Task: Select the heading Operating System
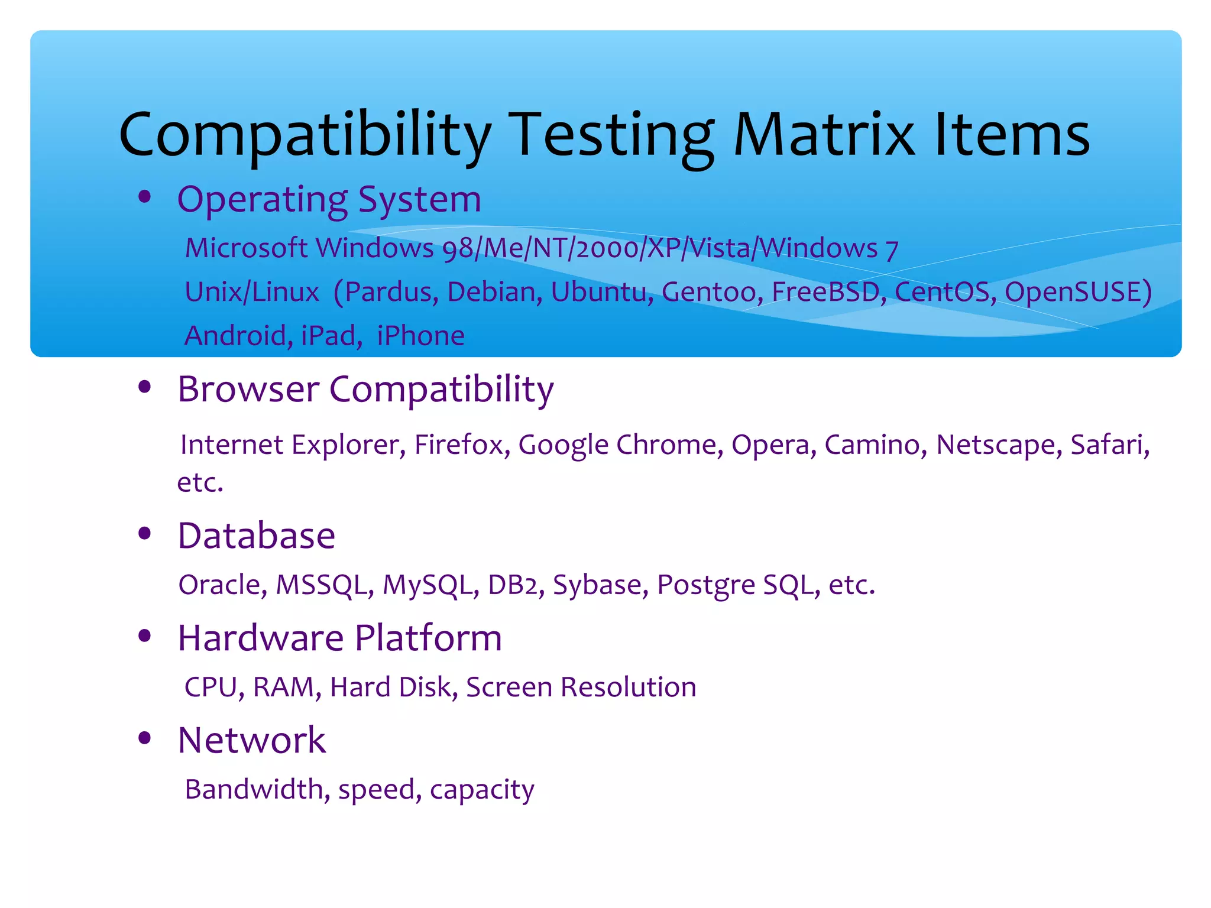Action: tap(329, 199)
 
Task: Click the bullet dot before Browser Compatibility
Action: tap(144, 387)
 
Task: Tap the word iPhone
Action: tap(420, 335)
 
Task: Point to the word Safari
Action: tap(1109, 445)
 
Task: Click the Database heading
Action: tap(257, 536)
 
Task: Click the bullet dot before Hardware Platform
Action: tap(144, 636)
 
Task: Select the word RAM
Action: tap(286, 687)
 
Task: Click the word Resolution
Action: tap(628, 687)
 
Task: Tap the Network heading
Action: tap(252, 740)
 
